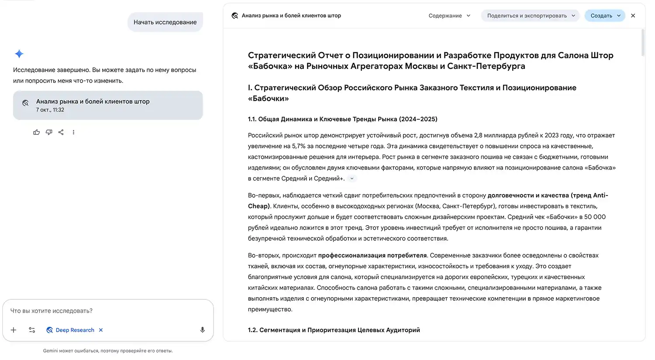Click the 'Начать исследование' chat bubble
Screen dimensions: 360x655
coord(165,22)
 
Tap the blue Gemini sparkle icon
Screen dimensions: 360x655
coord(19,54)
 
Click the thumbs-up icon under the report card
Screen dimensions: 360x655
coord(37,132)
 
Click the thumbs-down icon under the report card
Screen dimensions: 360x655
coord(49,132)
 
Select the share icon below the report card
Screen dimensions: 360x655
coord(61,132)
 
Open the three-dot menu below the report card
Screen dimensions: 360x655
coord(73,132)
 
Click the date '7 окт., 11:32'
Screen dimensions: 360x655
coord(50,110)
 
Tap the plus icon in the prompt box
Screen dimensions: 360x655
coord(14,330)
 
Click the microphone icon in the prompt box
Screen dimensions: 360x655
coord(202,330)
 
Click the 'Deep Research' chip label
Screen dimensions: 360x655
coord(75,330)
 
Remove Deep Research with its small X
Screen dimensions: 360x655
coord(101,330)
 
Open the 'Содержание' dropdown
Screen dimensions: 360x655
coord(449,16)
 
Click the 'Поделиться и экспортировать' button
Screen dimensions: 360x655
coord(531,16)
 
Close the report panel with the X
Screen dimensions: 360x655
coord(633,16)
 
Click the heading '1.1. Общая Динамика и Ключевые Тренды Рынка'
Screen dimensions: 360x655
coord(342,119)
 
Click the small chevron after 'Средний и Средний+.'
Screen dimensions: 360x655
coord(352,178)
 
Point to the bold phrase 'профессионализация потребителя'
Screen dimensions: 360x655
coord(372,255)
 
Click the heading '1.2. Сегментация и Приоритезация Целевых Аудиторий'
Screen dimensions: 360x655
coord(334,330)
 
